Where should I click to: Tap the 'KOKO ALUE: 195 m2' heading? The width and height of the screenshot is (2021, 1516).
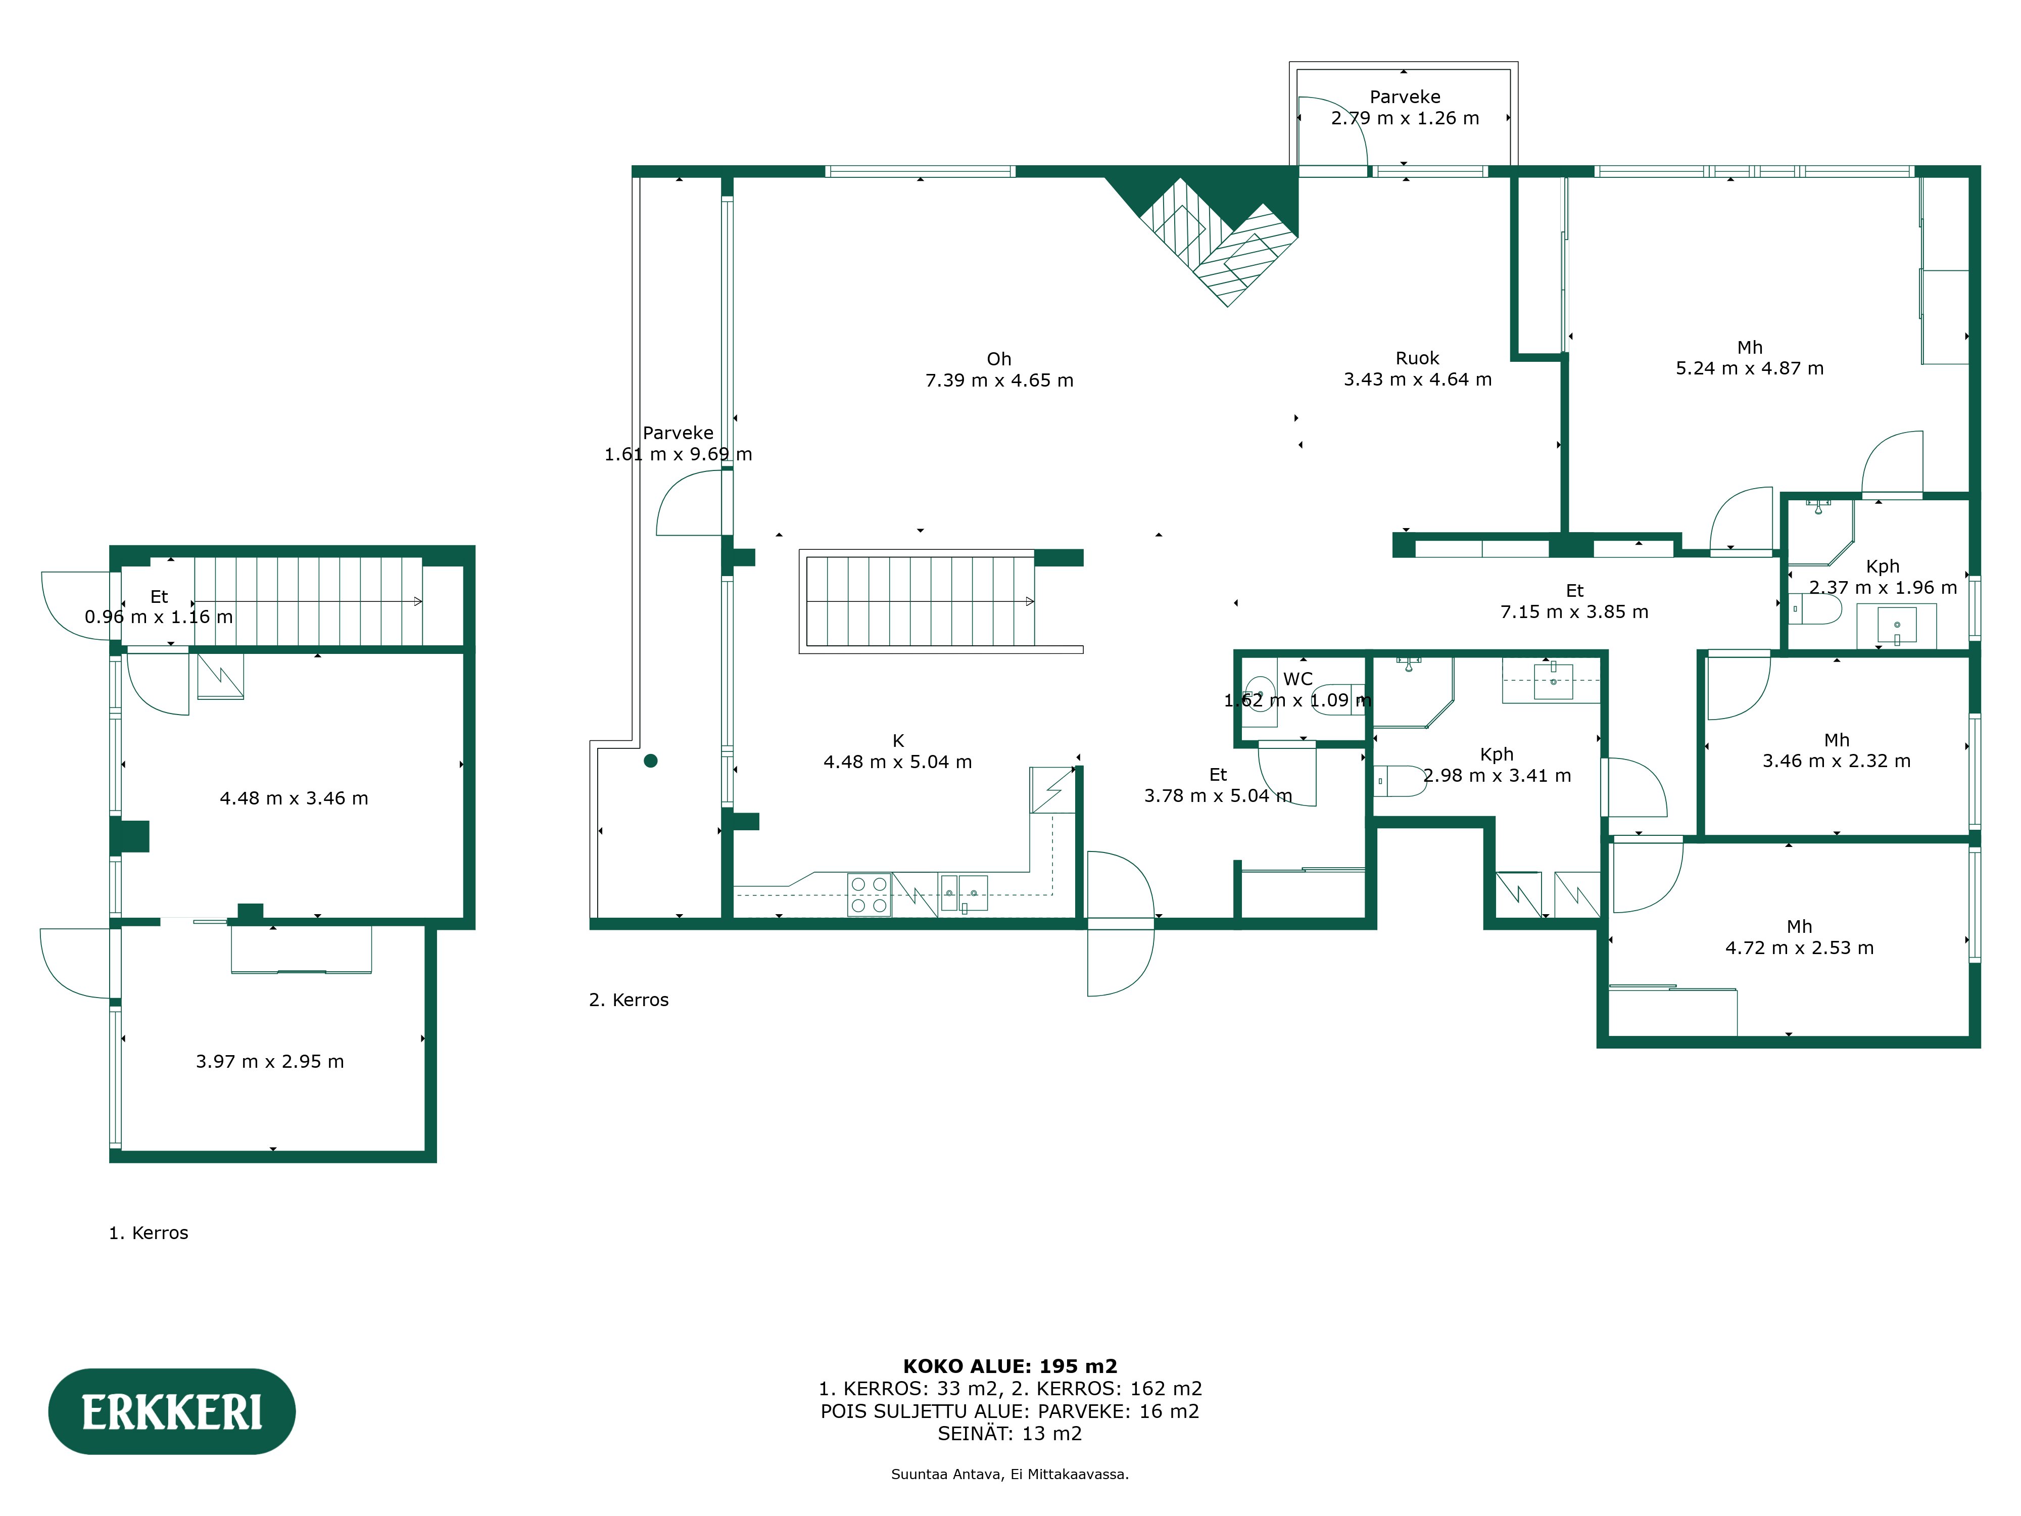tap(1009, 1366)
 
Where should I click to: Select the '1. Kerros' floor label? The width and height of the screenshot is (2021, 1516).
tap(148, 1233)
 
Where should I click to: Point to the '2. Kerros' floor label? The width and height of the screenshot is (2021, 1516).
tap(629, 1000)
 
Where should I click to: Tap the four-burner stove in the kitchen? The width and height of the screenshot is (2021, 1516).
tap(869, 894)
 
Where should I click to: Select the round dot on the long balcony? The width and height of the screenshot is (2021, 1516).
tap(651, 761)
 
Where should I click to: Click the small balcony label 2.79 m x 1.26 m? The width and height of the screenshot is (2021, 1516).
tap(1404, 108)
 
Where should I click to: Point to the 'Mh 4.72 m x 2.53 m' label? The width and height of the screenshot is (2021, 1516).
tap(1799, 937)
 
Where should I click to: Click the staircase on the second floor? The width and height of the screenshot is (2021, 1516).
tap(921, 601)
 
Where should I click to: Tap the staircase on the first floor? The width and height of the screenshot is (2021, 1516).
tap(308, 601)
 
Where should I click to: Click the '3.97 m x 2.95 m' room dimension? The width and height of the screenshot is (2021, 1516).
tap(269, 1061)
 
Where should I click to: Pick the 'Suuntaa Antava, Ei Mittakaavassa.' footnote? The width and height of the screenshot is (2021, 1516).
tap(1009, 1474)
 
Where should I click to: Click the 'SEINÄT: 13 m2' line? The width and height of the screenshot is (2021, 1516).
tap(1009, 1433)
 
